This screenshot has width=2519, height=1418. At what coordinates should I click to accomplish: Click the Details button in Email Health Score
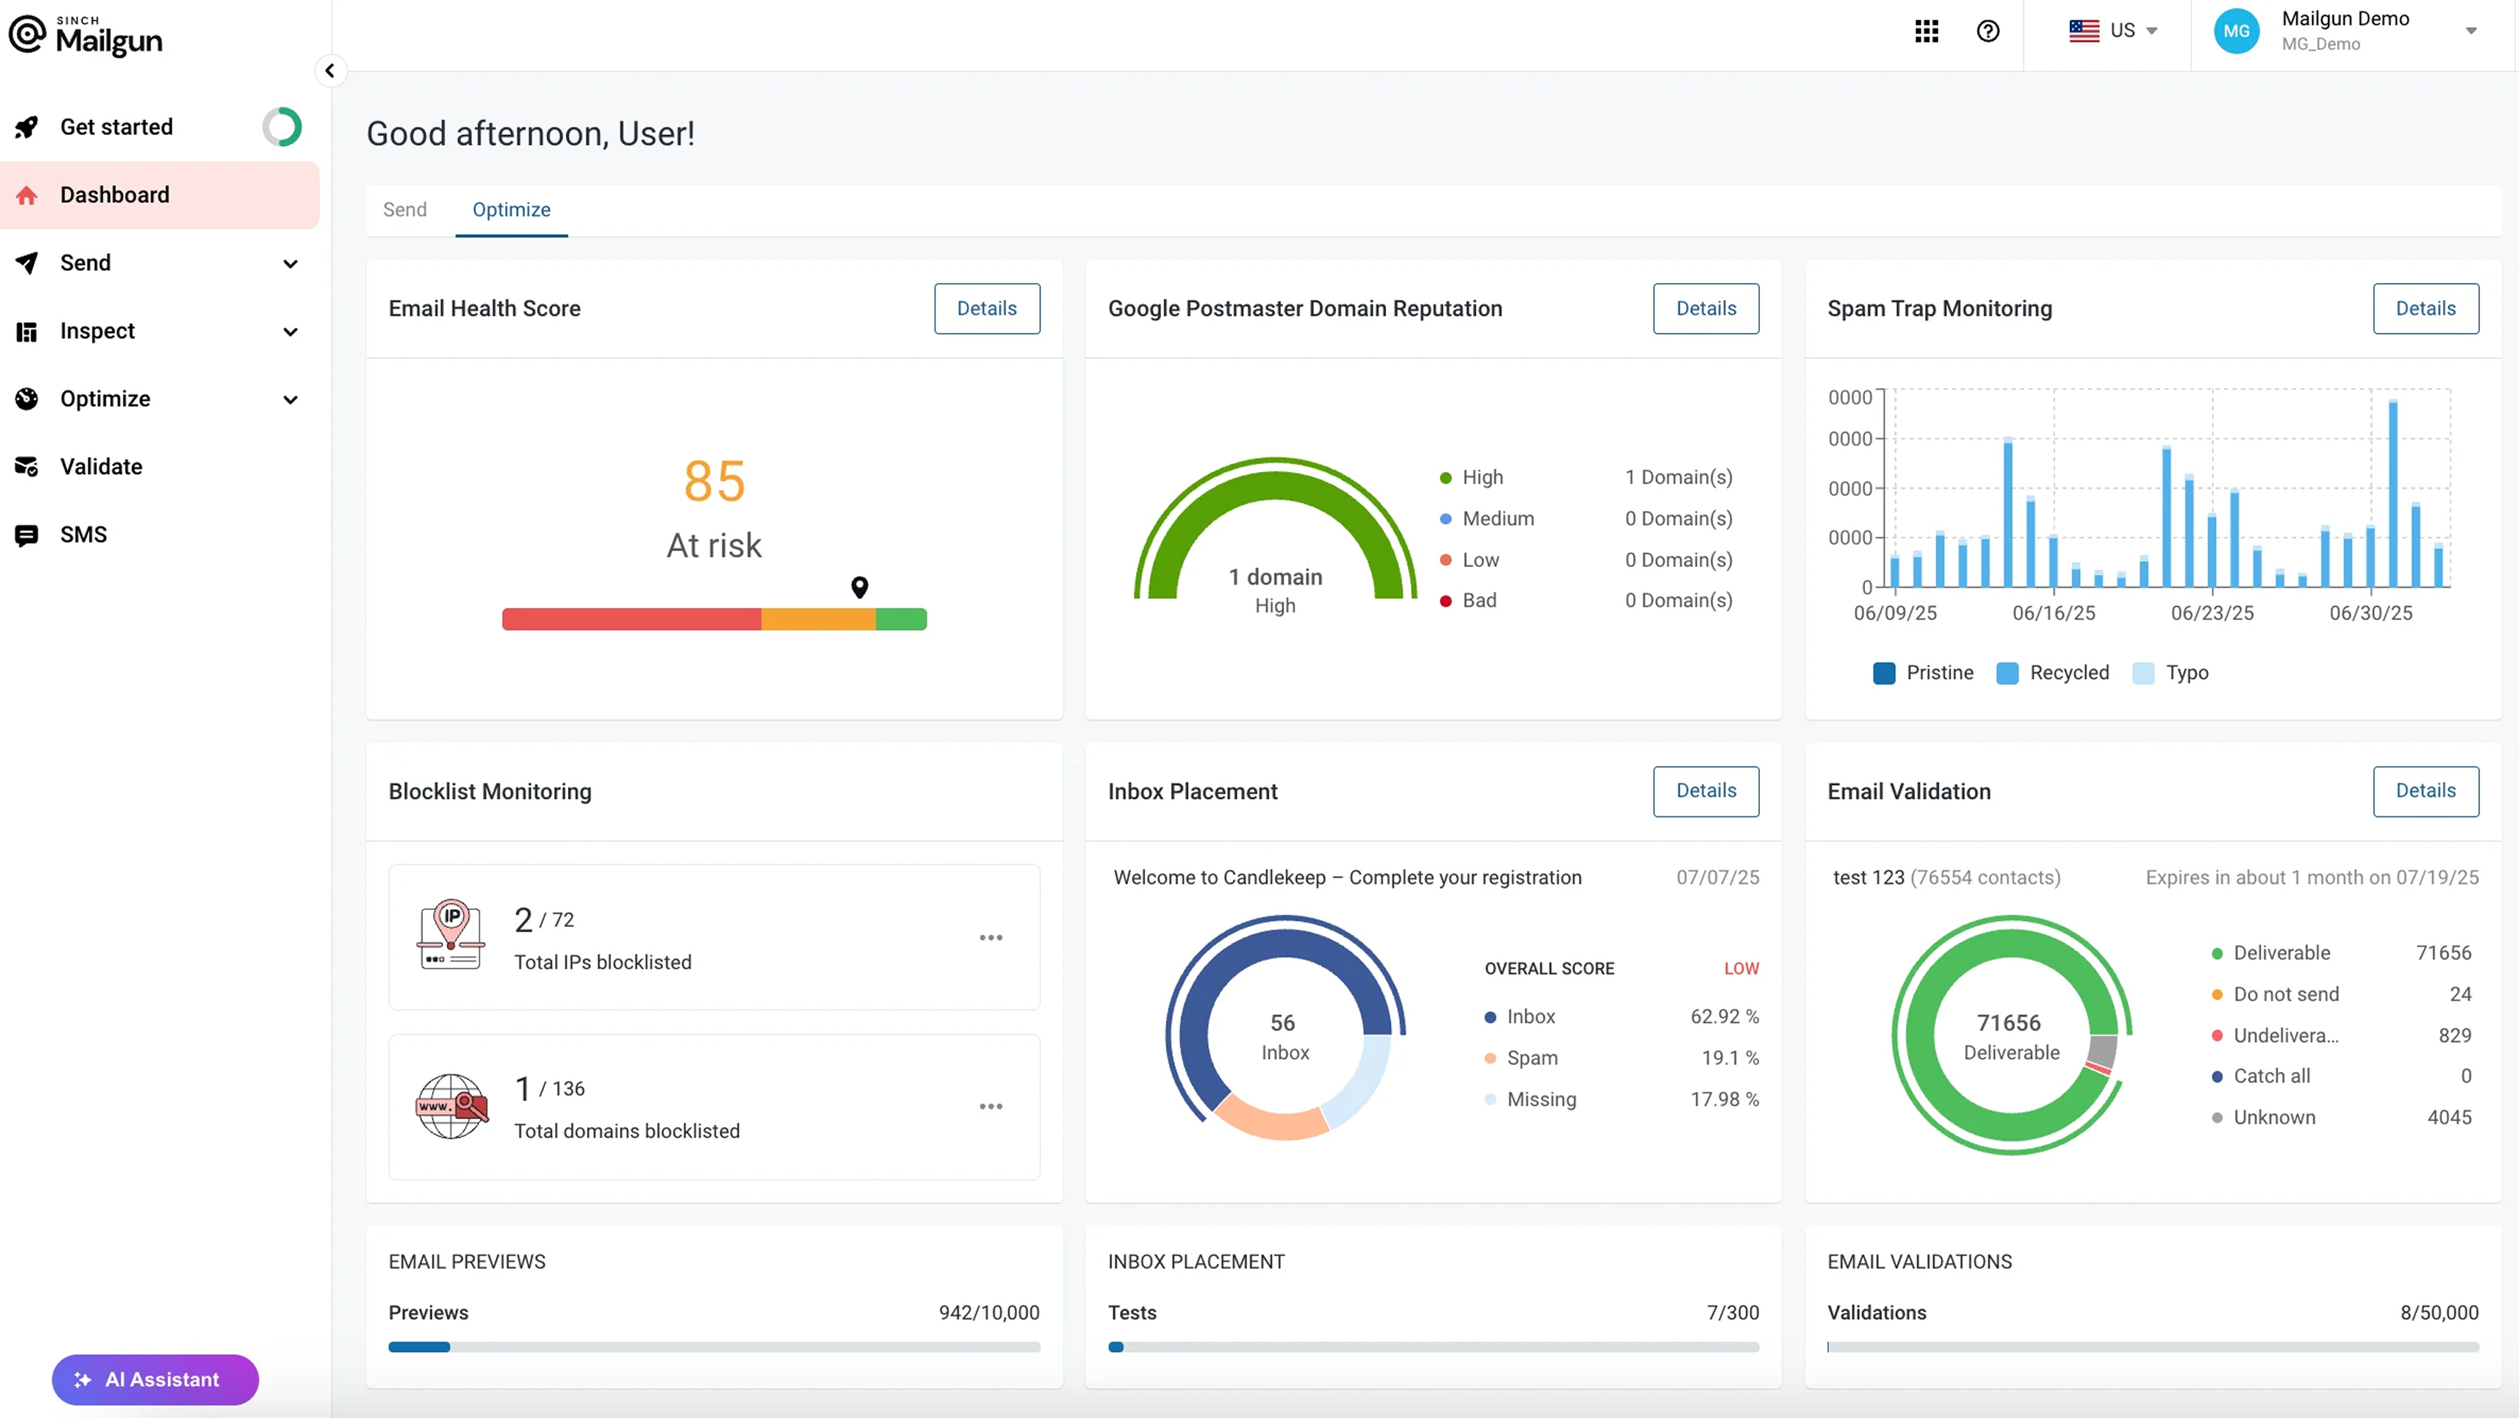[x=987, y=308]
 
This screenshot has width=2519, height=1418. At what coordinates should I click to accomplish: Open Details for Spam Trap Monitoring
[x=2425, y=308]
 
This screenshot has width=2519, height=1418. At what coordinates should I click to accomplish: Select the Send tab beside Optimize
[x=404, y=209]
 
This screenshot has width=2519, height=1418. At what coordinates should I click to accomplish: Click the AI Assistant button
[x=156, y=1379]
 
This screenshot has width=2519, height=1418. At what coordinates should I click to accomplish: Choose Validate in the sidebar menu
[x=101, y=467]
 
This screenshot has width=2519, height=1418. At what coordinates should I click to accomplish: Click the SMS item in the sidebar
[x=83, y=534]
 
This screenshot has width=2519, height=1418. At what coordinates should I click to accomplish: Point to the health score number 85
[x=715, y=481]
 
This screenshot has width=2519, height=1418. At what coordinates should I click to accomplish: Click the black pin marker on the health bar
[x=860, y=585]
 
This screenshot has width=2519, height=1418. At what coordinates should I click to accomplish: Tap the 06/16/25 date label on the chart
[x=2054, y=613]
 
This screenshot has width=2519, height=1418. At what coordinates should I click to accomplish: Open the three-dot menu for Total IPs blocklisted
[x=991, y=937]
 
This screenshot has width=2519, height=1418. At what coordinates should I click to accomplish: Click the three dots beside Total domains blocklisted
[x=991, y=1106]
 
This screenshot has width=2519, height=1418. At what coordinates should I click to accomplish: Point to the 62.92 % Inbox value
[x=1724, y=1016]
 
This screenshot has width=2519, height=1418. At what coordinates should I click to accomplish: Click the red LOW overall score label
[x=1741, y=968]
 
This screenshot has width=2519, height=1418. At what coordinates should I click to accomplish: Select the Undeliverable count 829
[x=2455, y=1034]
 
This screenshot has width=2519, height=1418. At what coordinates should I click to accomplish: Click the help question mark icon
[x=1987, y=31]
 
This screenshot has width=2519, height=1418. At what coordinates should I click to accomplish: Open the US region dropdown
[x=2113, y=31]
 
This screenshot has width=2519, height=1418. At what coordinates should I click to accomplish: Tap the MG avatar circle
[x=2237, y=31]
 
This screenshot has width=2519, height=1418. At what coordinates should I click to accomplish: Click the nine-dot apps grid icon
[x=1926, y=31]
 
